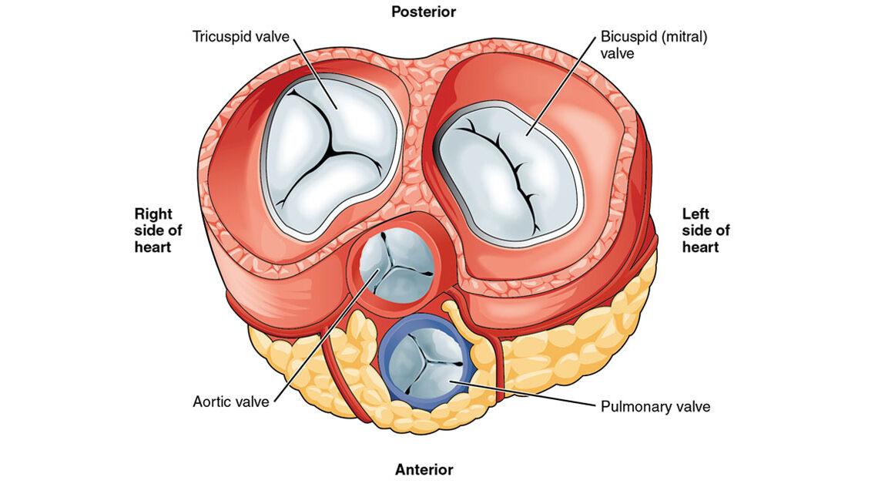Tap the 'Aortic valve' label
tap(230, 402)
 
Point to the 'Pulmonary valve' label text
tap(655, 406)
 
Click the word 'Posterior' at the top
tap(424, 12)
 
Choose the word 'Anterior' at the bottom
tap(424, 469)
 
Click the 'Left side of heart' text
tap(705, 230)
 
